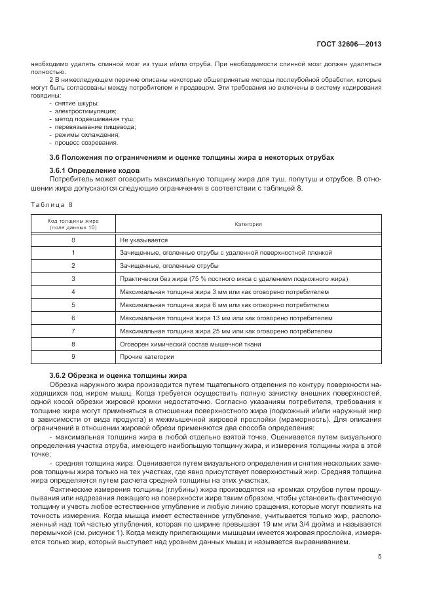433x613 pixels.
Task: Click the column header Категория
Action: tap(248, 224)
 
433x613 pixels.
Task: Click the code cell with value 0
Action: tap(73, 240)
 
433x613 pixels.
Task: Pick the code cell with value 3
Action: tap(73, 278)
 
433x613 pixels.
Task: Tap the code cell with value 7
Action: tap(73, 331)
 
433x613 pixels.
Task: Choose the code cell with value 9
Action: tap(73, 357)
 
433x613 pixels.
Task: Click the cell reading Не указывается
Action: tap(144, 240)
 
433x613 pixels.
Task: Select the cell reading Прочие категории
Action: tap(147, 357)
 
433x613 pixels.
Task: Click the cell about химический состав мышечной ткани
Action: tap(190, 344)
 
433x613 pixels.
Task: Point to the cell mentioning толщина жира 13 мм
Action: tap(222, 318)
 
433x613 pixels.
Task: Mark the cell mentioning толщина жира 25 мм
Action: tap(222, 331)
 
